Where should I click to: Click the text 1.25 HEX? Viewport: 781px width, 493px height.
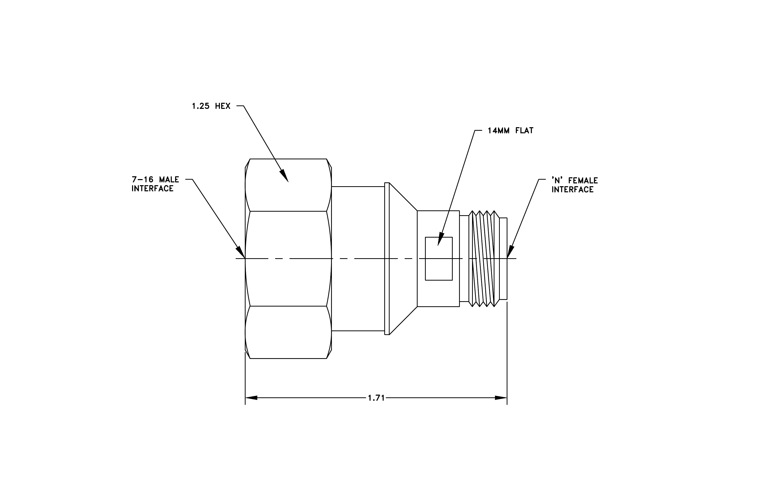point(211,106)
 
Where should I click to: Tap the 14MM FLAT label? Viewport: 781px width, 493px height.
point(510,130)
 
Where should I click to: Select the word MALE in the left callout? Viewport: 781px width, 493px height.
point(169,180)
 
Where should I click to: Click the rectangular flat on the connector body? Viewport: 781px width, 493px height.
point(439,259)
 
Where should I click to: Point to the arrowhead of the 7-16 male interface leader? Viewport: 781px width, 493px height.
point(240,252)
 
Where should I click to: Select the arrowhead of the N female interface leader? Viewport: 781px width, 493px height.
point(510,252)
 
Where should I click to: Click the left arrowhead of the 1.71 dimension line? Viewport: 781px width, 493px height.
point(251,398)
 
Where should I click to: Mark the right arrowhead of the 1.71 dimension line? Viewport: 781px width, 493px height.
point(501,398)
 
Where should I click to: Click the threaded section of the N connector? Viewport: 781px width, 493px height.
point(484,259)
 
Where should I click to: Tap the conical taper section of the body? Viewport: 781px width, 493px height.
point(403,259)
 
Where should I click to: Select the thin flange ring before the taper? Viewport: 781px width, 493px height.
point(387,259)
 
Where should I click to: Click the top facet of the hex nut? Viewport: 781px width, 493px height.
point(288,185)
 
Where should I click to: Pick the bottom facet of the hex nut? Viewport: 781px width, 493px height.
point(288,332)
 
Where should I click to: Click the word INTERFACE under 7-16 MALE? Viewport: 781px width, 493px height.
point(152,189)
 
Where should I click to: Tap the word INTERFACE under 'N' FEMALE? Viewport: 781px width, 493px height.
point(572,190)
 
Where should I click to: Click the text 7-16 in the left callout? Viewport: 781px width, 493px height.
point(143,180)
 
